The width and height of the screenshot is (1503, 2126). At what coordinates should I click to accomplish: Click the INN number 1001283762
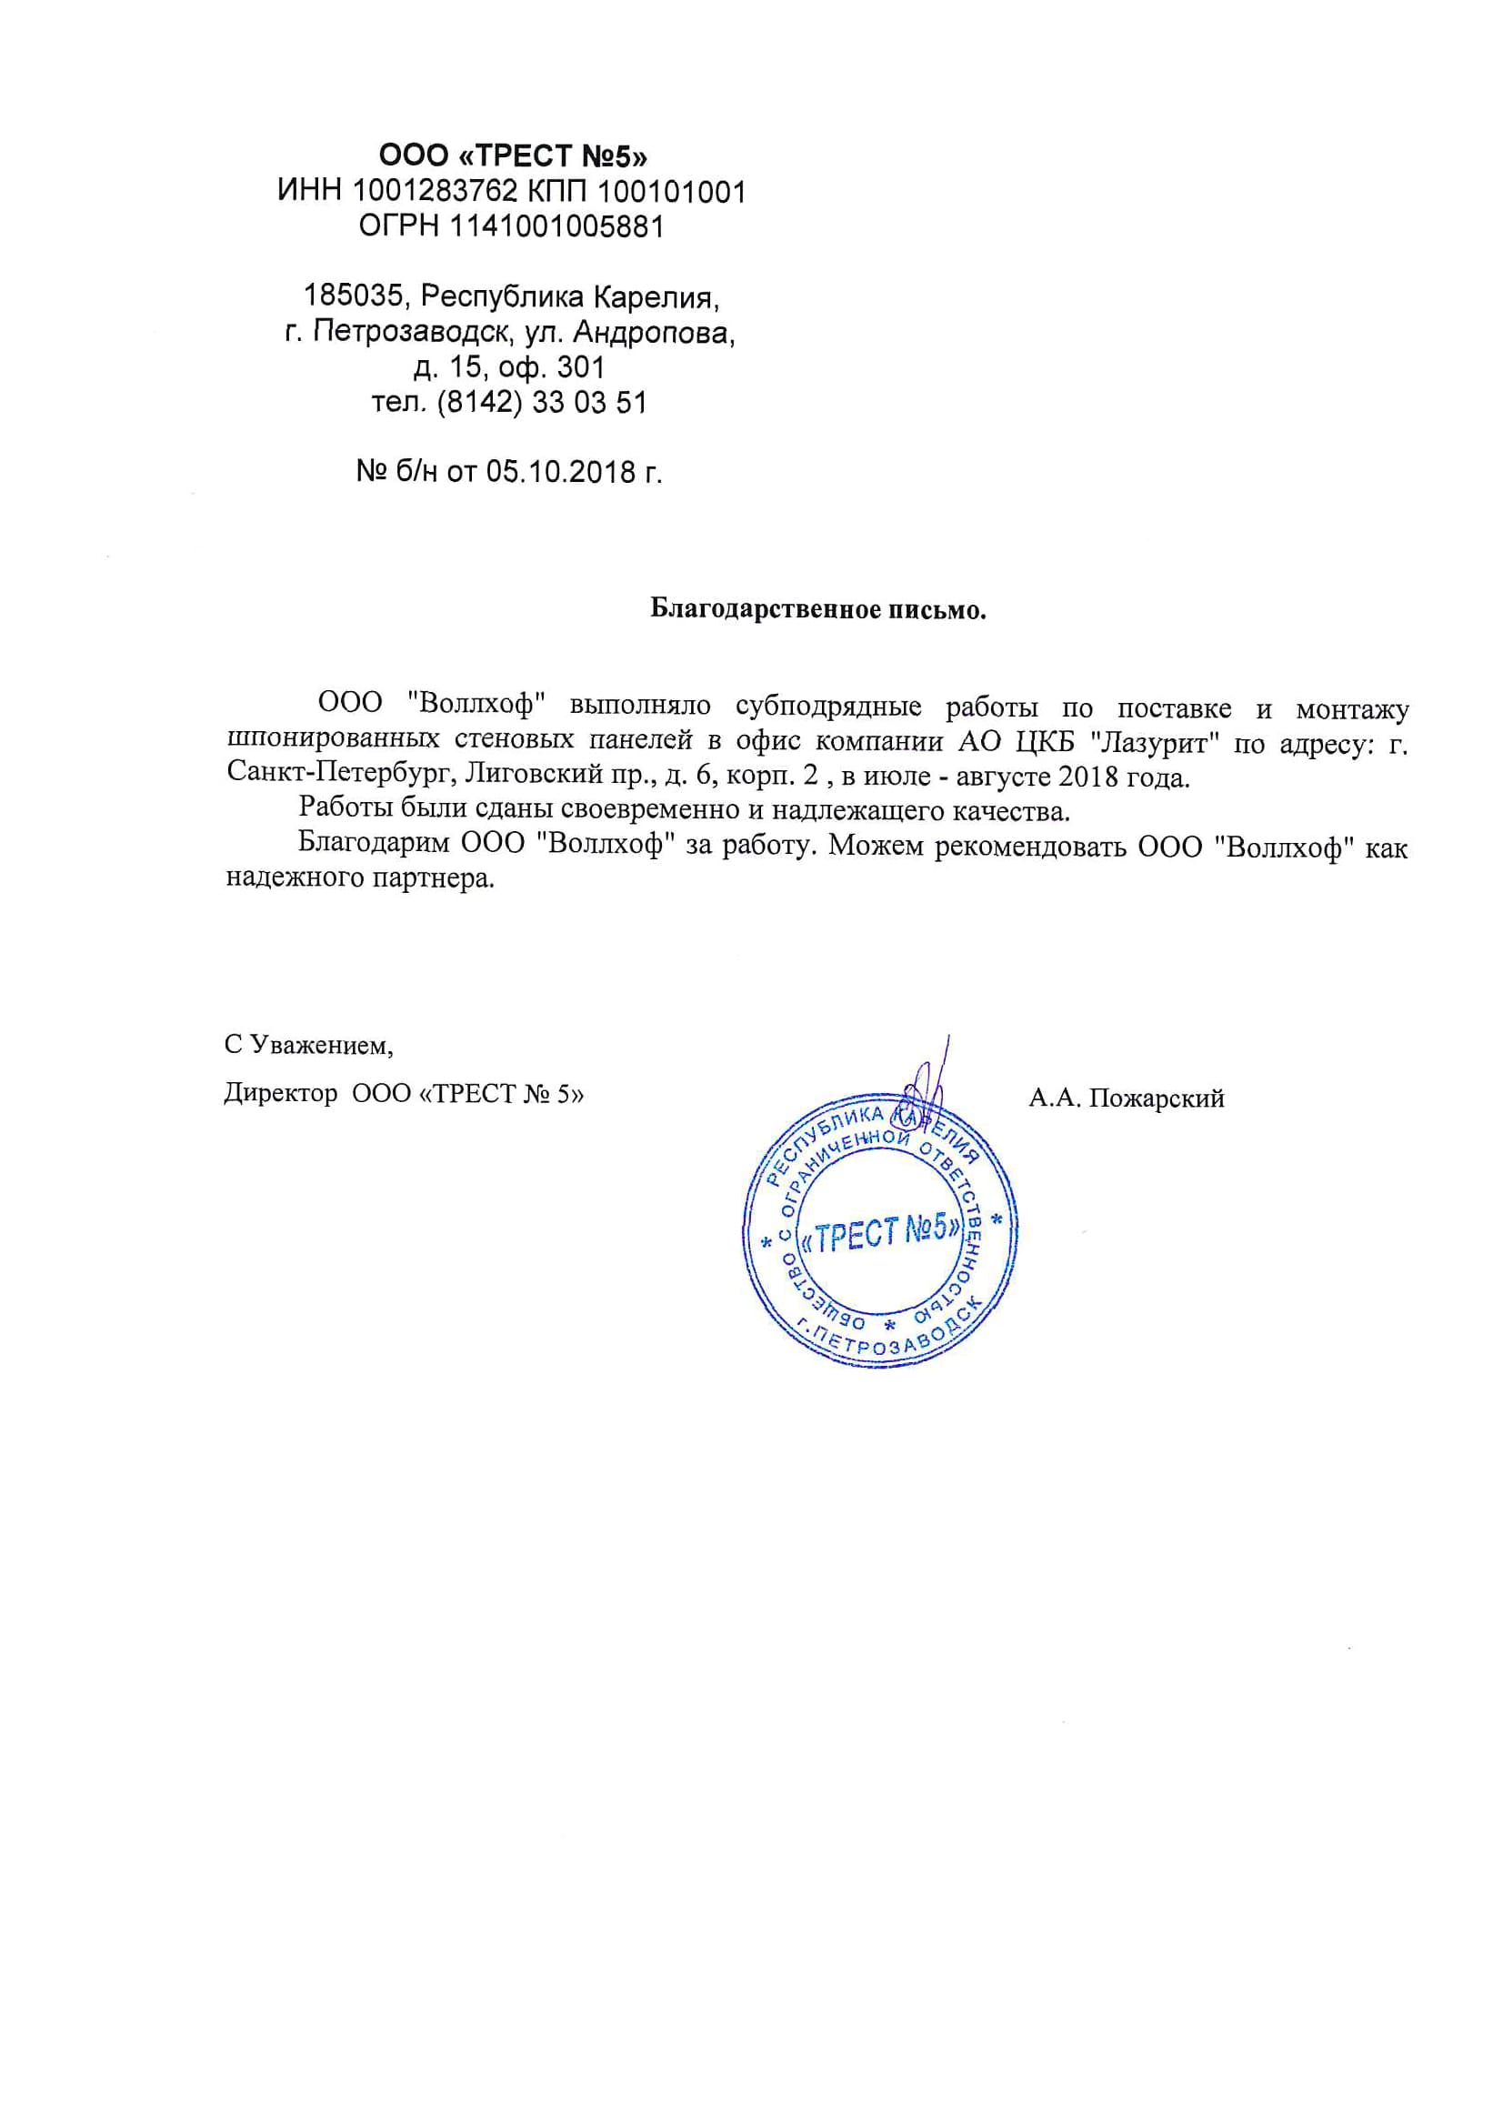435,192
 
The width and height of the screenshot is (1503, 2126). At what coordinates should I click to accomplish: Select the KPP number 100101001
671,192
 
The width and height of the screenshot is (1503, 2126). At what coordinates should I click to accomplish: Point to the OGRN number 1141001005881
557,226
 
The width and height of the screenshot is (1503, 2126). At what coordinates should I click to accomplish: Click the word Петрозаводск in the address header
411,333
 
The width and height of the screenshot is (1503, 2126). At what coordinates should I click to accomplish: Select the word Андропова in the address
655,333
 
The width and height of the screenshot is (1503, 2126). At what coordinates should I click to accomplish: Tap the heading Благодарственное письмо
817,609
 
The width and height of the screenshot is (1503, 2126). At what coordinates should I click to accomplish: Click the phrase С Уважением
308,1046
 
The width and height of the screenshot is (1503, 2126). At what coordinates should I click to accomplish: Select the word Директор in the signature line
281,1094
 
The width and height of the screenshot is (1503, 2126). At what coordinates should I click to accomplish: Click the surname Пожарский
1157,1098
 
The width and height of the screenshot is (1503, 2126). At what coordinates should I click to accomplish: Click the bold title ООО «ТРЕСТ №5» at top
513,155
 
